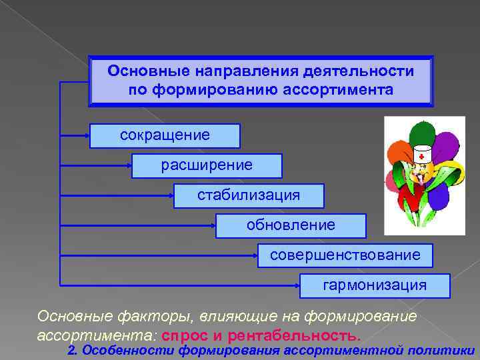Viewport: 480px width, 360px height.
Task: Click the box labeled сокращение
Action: (x=165, y=135)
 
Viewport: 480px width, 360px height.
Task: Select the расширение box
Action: (x=207, y=165)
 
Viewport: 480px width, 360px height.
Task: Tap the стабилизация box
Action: (x=249, y=195)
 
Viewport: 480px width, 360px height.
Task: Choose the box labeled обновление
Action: (x=291, y=225)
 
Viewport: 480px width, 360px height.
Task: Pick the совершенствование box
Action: (x=345, y=255)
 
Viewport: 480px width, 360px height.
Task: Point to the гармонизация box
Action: (x=375, y=285)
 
